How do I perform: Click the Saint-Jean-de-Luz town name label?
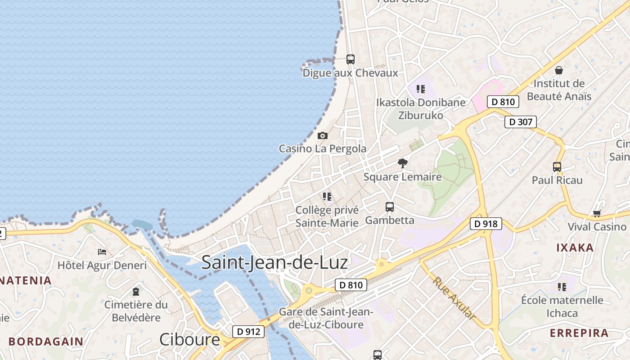274,262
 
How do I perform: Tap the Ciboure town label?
189,339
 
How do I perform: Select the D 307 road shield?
520,121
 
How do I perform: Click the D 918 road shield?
486,224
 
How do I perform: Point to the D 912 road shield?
248,332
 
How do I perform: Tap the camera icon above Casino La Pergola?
323,135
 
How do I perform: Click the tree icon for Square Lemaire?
403,163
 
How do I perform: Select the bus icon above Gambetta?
390,207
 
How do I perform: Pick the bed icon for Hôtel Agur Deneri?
102,252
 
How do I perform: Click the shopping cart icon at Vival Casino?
597,214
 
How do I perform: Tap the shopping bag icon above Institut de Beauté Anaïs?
559,70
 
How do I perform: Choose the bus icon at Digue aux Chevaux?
351,59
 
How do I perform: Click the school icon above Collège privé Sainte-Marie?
327,196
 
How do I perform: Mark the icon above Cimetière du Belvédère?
136,292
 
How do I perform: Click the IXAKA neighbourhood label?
575,247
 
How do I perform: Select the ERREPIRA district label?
579,333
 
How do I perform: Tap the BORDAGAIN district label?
46,341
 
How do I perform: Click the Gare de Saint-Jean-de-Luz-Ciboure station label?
326,318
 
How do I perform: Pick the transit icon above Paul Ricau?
557,166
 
